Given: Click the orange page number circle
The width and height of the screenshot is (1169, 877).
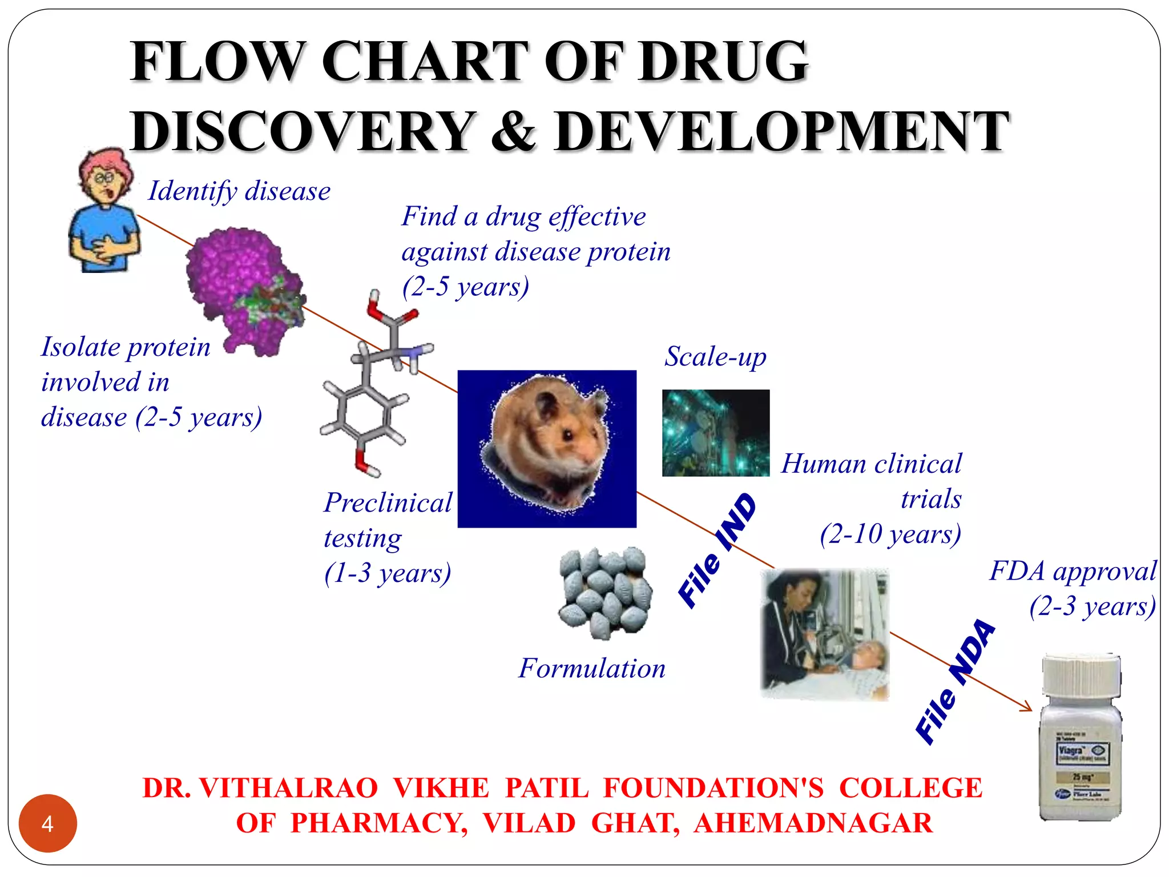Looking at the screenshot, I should click(x=47, y=823).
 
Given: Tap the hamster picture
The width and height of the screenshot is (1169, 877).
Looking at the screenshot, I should click(x=546, y=448).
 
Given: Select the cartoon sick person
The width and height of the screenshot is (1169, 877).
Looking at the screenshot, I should click(x=104, y=211).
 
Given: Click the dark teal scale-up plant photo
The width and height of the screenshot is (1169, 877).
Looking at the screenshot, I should click(x=715, y=433).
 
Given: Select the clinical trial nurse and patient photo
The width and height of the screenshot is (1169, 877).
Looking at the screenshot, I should click(x=825, y=634).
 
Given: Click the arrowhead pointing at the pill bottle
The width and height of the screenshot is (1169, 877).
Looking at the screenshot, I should click(x=1028, y=708).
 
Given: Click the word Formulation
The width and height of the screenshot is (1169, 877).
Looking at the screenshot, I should click(x=592, y=668).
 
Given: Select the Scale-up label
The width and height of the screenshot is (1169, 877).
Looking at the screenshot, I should click(x=715, y=357).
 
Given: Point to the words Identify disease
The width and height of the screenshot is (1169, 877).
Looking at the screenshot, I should click(x=239, y=191).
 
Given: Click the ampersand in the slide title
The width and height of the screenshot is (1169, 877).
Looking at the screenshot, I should click(x=514, y=131).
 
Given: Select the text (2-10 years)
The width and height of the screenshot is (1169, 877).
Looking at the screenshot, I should click(x=890, y=534).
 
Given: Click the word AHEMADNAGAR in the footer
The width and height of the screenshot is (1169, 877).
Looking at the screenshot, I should click(x=813, y=823).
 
